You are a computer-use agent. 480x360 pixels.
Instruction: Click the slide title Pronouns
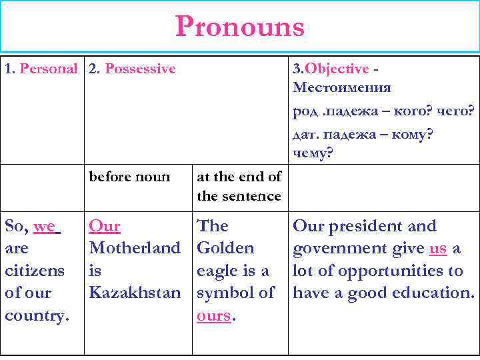240,27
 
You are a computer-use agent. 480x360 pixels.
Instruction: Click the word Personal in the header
49,69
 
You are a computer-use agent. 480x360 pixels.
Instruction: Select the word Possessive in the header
141,69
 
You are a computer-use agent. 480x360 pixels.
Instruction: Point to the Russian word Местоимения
341,88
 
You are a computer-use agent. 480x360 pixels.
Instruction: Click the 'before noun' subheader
129,177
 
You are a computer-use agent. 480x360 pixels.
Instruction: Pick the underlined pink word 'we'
45,227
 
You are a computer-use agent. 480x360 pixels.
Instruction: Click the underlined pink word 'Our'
105,227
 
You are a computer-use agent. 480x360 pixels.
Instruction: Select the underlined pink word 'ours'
213,315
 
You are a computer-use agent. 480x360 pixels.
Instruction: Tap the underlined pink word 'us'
438,249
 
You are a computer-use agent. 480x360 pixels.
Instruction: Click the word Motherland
135,249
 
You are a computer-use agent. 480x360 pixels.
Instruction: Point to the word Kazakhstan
135,293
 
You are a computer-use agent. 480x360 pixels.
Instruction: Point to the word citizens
35,271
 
